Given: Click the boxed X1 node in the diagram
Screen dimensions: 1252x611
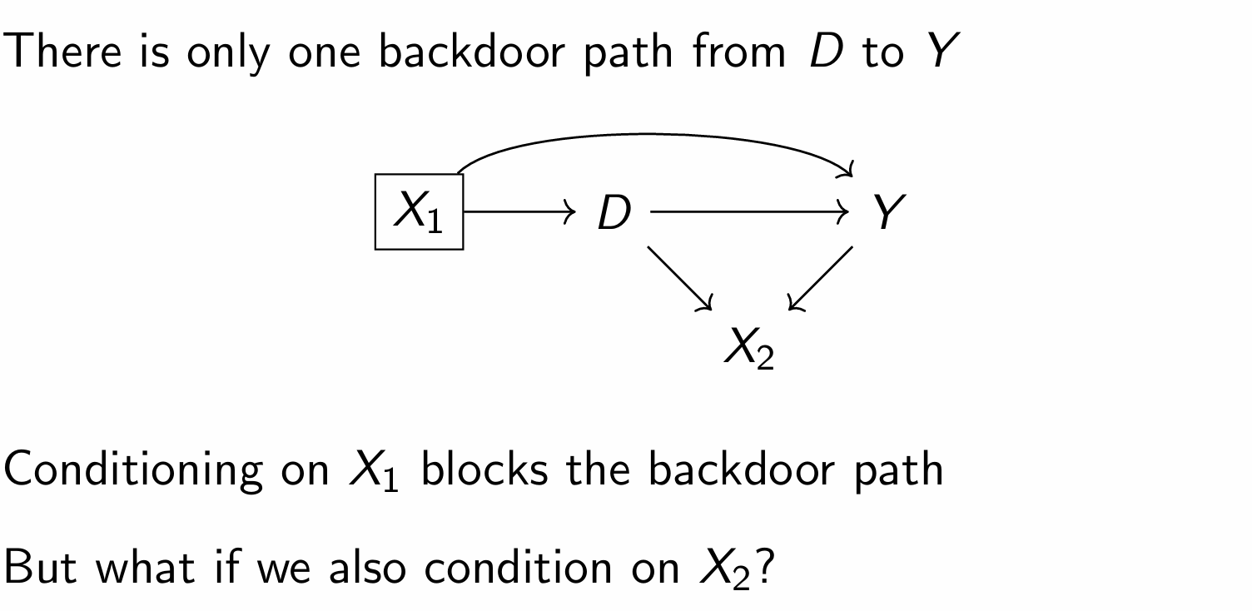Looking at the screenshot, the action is [419, 211].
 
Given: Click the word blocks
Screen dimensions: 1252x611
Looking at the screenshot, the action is [484, 470].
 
